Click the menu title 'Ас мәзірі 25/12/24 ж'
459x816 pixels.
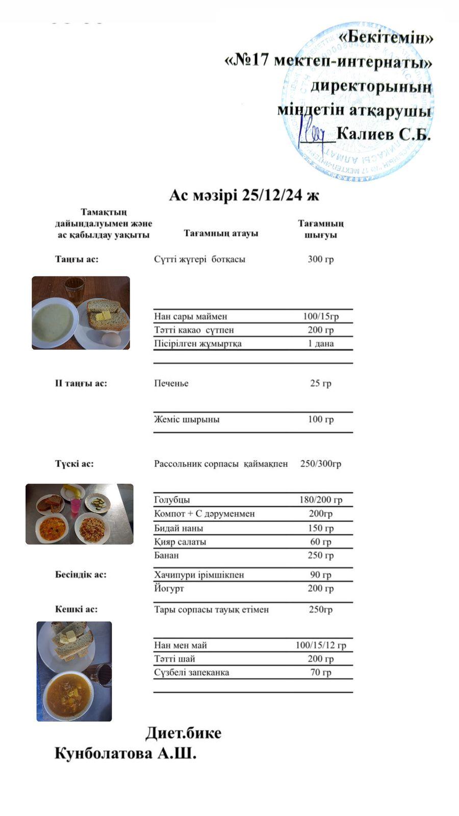point(244,195)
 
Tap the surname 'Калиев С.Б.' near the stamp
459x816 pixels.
point(384,134)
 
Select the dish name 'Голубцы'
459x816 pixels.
point(172,500)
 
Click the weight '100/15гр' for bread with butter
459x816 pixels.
point(320,316)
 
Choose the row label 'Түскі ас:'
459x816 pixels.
point(74,464)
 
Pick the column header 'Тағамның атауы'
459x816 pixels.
point(221,233)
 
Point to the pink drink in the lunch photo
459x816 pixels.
point(75,505)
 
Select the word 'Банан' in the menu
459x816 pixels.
point(166,555)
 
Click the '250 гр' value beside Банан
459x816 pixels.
point(320,555)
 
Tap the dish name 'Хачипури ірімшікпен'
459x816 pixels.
point(199,575)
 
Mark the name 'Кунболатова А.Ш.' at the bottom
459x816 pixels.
point(125,754)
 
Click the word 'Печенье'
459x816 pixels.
point(171,384)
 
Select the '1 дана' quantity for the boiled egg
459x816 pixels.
point(320,344)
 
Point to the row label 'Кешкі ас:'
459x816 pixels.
point(76,609)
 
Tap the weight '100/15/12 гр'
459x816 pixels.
point(320,645)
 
